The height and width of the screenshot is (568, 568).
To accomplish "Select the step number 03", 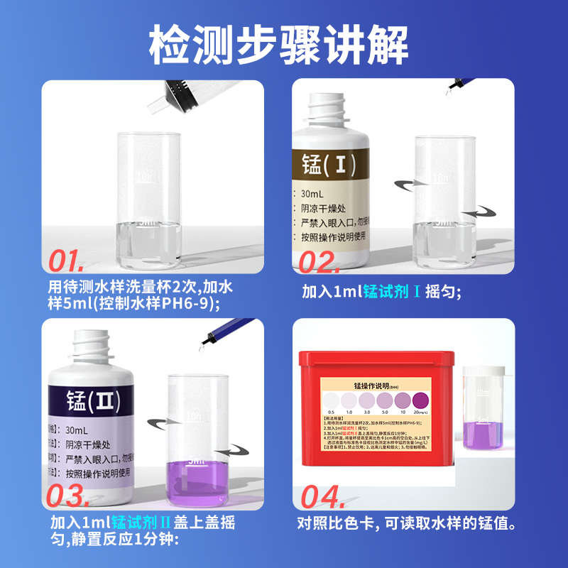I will click(x=79, y=495).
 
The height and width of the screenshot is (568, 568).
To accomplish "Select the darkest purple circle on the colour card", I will click(x=420, y=400).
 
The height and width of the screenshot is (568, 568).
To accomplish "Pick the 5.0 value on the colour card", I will click(x=384, y=413).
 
